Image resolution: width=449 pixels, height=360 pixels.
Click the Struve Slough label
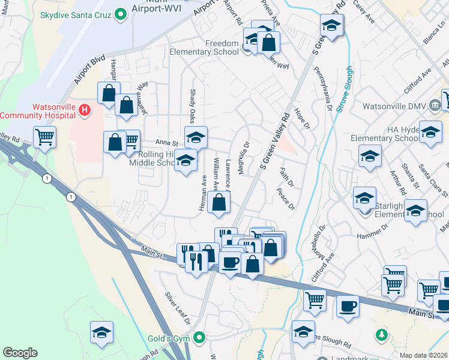pos(344,90)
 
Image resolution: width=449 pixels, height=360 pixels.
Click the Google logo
pos(20,353)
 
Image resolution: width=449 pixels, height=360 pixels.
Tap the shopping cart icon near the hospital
pos(45,137)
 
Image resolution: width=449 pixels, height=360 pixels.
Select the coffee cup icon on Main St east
pos(348,307)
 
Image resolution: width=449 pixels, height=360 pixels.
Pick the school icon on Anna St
pos(196,137)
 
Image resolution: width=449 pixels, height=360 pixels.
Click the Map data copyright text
pos(423,355)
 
